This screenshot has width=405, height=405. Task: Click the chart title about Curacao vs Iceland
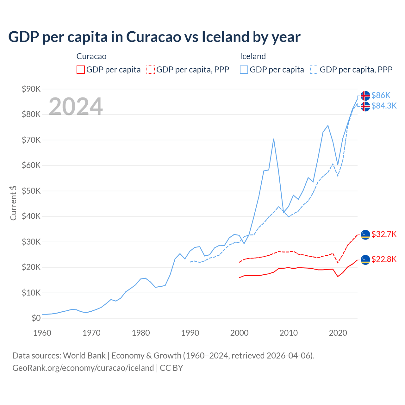(154, 37)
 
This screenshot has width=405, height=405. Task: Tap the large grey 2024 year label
(76, 107)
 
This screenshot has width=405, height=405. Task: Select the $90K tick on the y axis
(31, 89)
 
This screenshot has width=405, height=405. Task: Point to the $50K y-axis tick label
(31, 191)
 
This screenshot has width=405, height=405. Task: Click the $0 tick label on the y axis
(36, 318)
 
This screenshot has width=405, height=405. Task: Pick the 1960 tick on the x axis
(42, 333)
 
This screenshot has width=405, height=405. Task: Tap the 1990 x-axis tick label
(190, 333)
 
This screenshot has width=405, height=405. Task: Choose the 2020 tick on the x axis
(338, 333)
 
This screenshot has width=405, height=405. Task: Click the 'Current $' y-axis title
(13, 203)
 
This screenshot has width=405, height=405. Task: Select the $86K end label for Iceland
(381, 95)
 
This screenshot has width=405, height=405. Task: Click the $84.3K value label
(384, 106)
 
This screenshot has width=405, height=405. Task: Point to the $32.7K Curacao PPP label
(384, 234)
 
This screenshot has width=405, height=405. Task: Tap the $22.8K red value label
(384, 259)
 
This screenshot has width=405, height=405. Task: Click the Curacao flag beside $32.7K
(365, 234)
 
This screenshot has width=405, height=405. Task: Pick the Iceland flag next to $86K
(365, 96)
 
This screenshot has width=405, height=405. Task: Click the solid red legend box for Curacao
(81, 70)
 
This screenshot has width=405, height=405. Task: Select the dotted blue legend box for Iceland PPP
(314, 70)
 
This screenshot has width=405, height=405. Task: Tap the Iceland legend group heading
(253, 56)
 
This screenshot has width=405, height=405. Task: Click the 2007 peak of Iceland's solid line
(274, 139)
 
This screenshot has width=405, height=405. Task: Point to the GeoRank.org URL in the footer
(83, 368)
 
